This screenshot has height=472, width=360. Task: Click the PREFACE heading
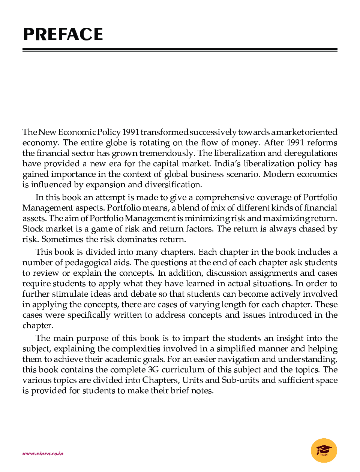coord(63,34)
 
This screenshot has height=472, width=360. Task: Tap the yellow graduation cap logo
coord(324,450)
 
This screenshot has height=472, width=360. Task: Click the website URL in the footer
coord(43,453)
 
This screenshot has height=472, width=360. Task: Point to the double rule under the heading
coord(180,50)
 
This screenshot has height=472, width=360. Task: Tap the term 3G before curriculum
coord(153,370)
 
